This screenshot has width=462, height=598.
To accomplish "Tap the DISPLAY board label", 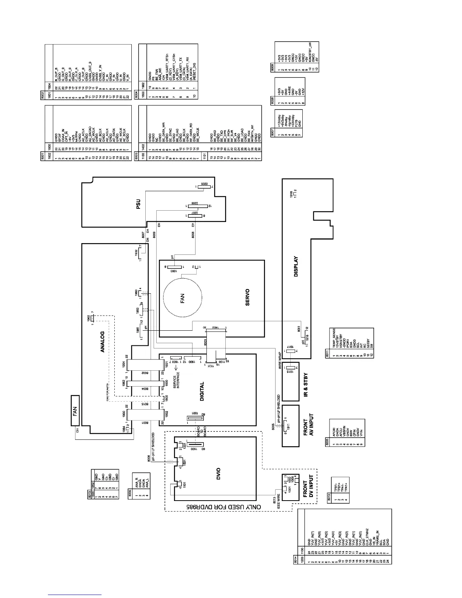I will [296, 267].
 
